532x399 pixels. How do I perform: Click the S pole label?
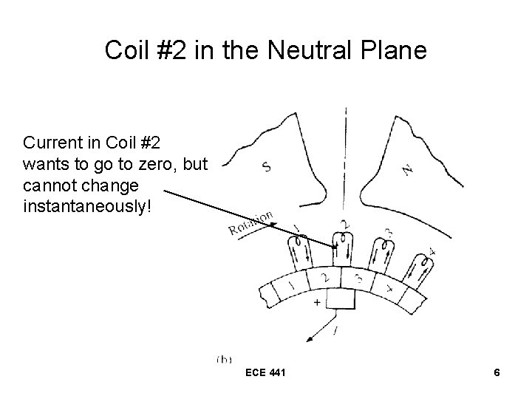(266, 167)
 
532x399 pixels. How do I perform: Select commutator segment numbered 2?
(325, 276)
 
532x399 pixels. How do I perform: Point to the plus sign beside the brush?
(318, 302)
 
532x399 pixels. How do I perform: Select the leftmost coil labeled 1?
(301, 248)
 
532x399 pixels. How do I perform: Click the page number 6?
(497, 373)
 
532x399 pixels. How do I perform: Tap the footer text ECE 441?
(265, 373)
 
